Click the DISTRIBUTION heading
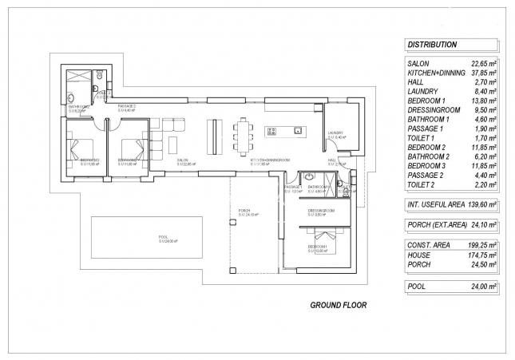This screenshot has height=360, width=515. [432, 45]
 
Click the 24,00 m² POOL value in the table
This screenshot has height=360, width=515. [481, 285]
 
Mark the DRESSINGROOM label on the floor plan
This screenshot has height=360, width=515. [321, 212]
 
